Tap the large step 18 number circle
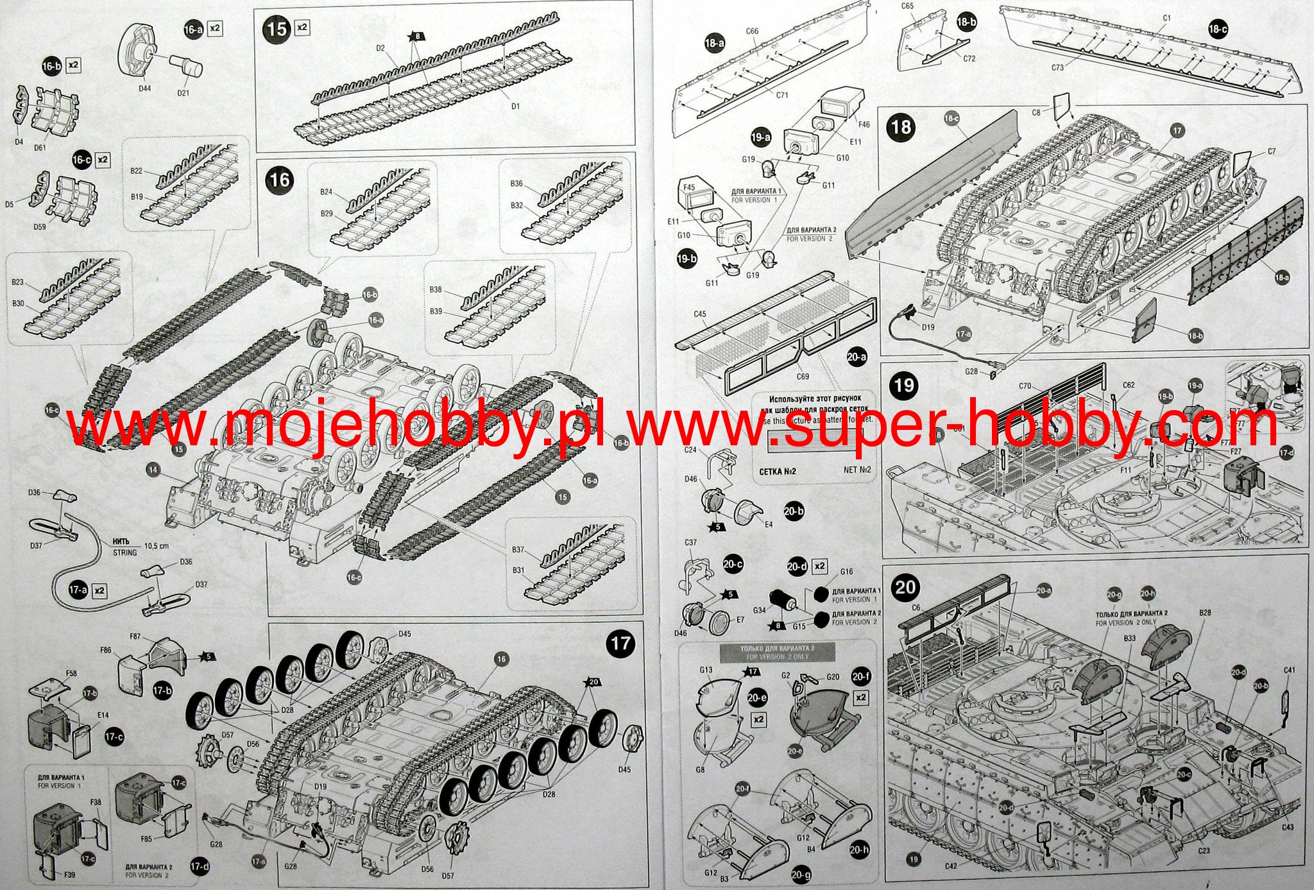coord(901,126)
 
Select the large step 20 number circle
coord(905,588)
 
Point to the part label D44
coord(144,88)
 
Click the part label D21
coord(183,92)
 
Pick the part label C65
coord(907,6)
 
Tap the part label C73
coord(1058,67)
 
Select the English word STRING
coord(125,552)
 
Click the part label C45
coord(700,314)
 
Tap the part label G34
coord(759,610)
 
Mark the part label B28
coord(1205,613)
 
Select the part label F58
coord(71,673)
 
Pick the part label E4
coord(768,524)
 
